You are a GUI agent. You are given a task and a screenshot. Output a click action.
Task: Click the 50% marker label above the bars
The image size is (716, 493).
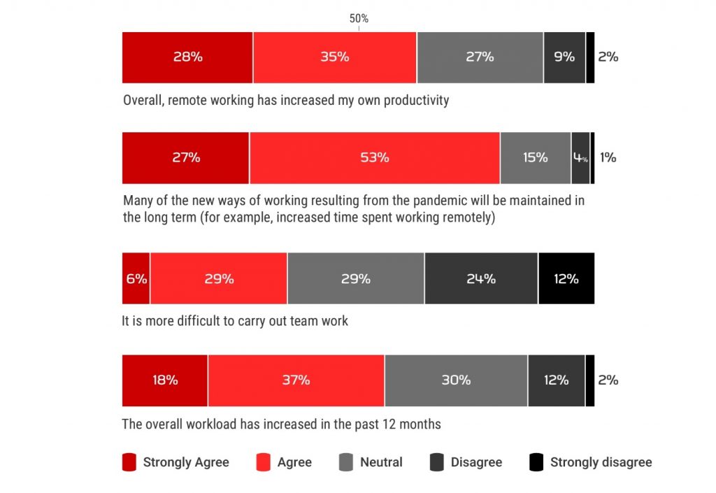click(x=359, y=19)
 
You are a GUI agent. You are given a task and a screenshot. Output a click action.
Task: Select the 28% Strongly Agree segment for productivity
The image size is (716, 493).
click(x=187, y=57)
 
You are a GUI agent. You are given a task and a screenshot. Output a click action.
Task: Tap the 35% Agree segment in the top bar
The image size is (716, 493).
click(x=334, y=57)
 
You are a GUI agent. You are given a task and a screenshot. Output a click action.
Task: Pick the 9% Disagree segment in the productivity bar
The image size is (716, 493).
click(x=564, y=57)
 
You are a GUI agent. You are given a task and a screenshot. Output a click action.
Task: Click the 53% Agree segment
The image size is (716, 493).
click(x=374, y=158)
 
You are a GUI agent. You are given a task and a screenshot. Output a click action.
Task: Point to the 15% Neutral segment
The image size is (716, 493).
click(x=535, y=158)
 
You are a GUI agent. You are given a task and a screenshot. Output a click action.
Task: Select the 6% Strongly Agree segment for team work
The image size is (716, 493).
click(x=136, y=279)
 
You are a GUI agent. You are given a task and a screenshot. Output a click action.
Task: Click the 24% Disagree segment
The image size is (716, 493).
click(x=481, y=279)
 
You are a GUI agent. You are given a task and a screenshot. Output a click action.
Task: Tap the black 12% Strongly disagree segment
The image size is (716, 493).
click(x=566, y=279)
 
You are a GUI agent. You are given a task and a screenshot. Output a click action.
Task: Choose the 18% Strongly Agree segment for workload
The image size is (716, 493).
click(x=165, y=380)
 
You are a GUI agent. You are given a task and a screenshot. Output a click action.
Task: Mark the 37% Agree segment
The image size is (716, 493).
click(x=296, y=380)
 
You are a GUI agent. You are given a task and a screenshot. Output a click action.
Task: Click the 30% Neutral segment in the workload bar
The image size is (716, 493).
click(x=456, y=380)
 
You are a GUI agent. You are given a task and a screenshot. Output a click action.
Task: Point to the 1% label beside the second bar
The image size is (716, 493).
click(x=608, y=158)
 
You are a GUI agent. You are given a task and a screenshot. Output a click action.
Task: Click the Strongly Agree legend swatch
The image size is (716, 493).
click(x=129, y=462)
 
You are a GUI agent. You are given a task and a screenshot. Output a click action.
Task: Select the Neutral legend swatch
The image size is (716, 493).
click(x=345, y=462)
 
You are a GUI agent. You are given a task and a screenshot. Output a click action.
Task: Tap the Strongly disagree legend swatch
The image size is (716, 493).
click(x=536, y=462)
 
